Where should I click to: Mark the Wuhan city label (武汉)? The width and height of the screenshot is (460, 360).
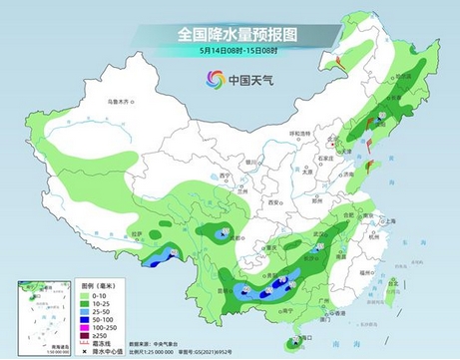click(x=320, y=232)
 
